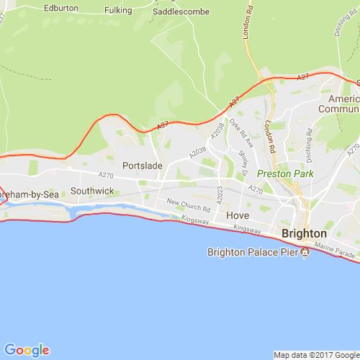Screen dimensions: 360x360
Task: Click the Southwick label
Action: [92, 192]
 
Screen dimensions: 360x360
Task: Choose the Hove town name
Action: [237, 215]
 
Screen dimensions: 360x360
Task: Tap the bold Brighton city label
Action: [305, 234]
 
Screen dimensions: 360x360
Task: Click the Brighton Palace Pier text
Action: [253, 251]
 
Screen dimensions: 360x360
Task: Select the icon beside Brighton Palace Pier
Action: [305, 251]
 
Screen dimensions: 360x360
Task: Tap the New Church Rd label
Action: [188, 204]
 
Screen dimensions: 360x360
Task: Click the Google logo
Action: [26, 350]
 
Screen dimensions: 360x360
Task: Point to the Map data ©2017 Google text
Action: [315, 354]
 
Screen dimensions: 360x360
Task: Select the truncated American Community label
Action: [343, 105]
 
